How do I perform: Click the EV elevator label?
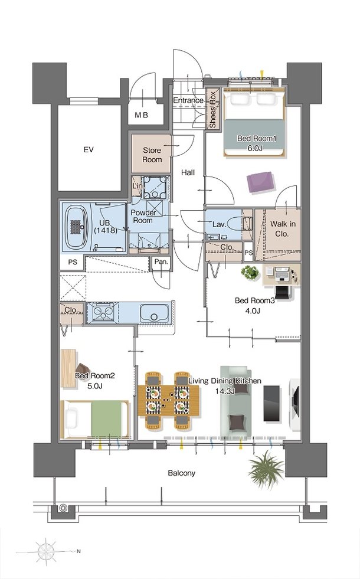tap(89, 150)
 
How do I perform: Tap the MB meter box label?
tap(141, 115)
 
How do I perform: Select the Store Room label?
tap(152, 155)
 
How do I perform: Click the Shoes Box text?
tap(212, 109)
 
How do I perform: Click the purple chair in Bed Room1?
tap(261, 182)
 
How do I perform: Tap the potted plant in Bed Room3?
tap(250, 273)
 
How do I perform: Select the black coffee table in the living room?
tap(271, 403)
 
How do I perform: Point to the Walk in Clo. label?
tap(283, 228)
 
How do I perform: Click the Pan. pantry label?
tap(161, 262)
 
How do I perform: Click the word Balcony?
tap(181, 473)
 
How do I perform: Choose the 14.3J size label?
tap(225, 391)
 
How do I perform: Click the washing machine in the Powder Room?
tap(155, 187)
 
